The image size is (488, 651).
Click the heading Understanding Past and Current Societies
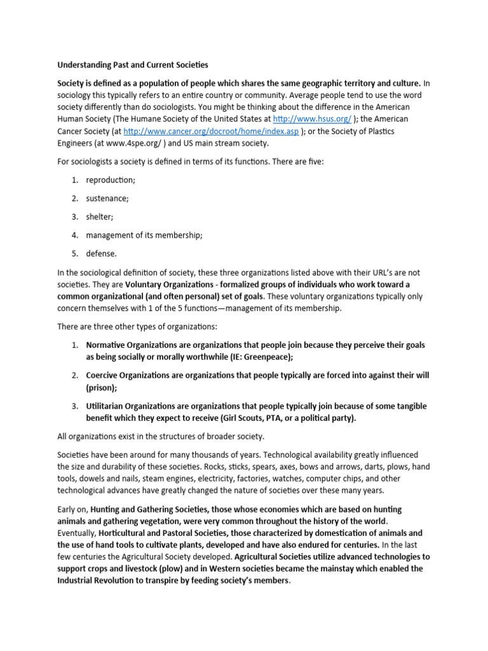[132, 65]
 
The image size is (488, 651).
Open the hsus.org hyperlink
[312, 119]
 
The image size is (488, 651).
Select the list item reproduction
[111, 180]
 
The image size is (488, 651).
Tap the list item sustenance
[107, 198]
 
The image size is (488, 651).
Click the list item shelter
[100, 217]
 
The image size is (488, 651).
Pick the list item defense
[102, 254]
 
